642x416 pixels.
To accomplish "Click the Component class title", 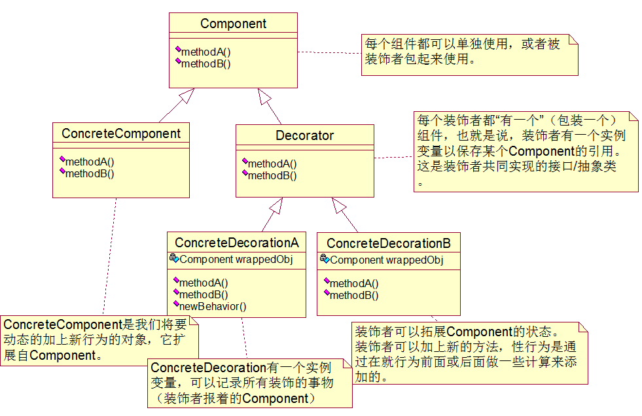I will (233, 24).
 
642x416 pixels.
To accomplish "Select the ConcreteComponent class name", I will (121, 134).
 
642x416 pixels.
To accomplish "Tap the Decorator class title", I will (304, 136).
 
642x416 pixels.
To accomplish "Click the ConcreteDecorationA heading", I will (236, 243).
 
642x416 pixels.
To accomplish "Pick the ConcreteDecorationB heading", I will (388, 244).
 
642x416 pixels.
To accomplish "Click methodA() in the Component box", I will (205, 52).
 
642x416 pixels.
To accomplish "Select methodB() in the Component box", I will (205, 63).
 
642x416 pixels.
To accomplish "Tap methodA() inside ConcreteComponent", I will (90, 162).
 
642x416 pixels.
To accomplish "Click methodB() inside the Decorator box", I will (272, 175).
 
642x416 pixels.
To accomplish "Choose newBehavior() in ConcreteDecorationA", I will (213, 306).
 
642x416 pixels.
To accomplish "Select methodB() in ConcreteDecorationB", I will (354, 295).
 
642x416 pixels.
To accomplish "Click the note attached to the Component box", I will (471, 54).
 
